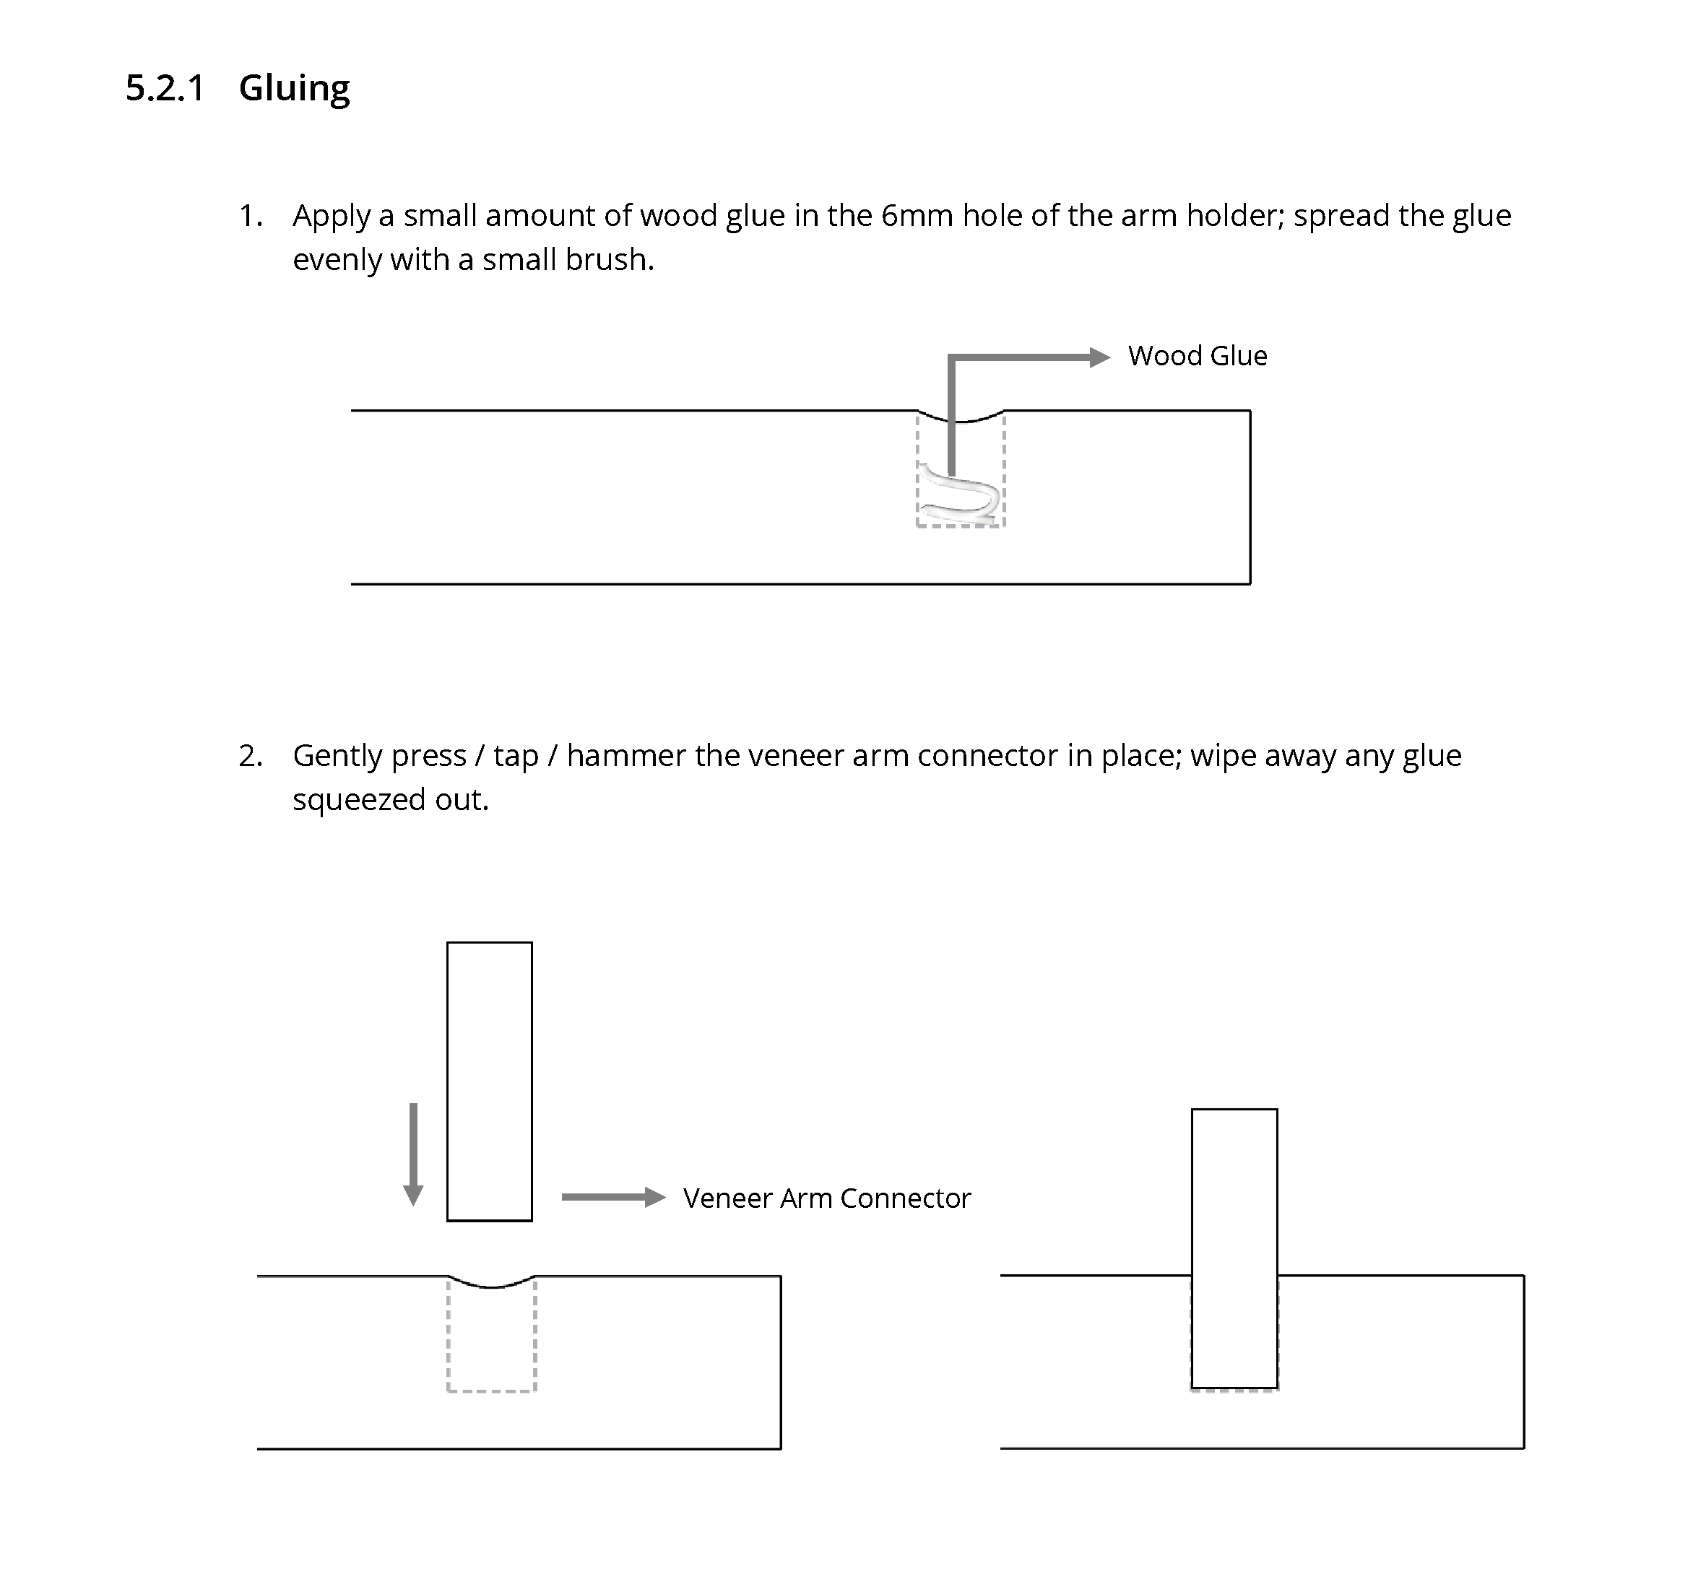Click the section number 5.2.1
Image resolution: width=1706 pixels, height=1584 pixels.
point(165,88)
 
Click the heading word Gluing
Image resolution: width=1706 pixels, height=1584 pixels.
point(294,88)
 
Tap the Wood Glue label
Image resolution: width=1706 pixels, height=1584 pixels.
point(1197,356)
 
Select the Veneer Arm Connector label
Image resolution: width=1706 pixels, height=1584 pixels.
point(826,1198)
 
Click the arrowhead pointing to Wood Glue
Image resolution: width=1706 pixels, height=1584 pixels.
point(1099,357)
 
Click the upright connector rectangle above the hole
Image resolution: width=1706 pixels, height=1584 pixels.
point(490,1082)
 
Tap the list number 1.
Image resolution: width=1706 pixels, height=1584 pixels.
point(249,216)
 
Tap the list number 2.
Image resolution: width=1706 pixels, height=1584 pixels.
point(249,756)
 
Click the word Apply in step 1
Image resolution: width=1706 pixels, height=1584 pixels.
point(331,217)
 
